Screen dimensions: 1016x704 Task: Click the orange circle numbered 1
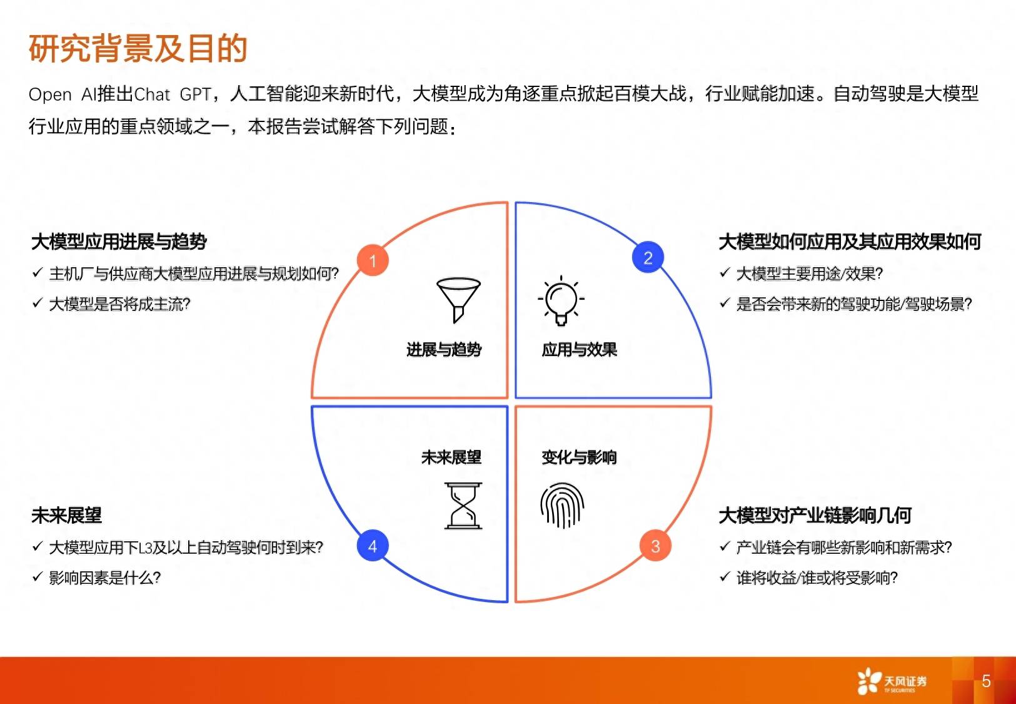tap(373, 260)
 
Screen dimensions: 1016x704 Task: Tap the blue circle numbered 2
tap(648, 257)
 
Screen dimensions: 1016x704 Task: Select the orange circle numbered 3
tap(655, 546)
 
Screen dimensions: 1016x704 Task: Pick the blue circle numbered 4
tap(373, 546)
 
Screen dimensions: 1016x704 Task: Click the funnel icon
tap(458, 300)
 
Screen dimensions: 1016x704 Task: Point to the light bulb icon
tap(561, 300)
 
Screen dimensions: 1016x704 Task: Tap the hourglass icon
tap(463, 506)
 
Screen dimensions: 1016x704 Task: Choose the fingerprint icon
tap(562, 505)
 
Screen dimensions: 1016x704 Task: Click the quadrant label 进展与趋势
tap(443, 350)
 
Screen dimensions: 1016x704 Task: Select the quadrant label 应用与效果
tap(579, 350)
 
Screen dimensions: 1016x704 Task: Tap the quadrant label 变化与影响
tap(579, 457)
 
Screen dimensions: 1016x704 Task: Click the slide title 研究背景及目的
tap(138, 48)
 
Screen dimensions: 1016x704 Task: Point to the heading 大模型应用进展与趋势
tap(119, 242)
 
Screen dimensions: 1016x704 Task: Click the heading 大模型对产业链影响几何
tap(815, 516)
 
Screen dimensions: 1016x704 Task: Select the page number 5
tap(986, 681)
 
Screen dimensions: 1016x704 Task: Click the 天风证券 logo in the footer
tap(892, 681)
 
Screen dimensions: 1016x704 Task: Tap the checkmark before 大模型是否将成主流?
tap(38, 303)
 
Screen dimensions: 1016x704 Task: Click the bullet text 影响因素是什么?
tap(105, 578)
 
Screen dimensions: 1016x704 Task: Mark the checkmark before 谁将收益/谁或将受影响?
tap(725, 577)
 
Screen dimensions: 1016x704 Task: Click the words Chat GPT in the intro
tap(173, 94)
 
